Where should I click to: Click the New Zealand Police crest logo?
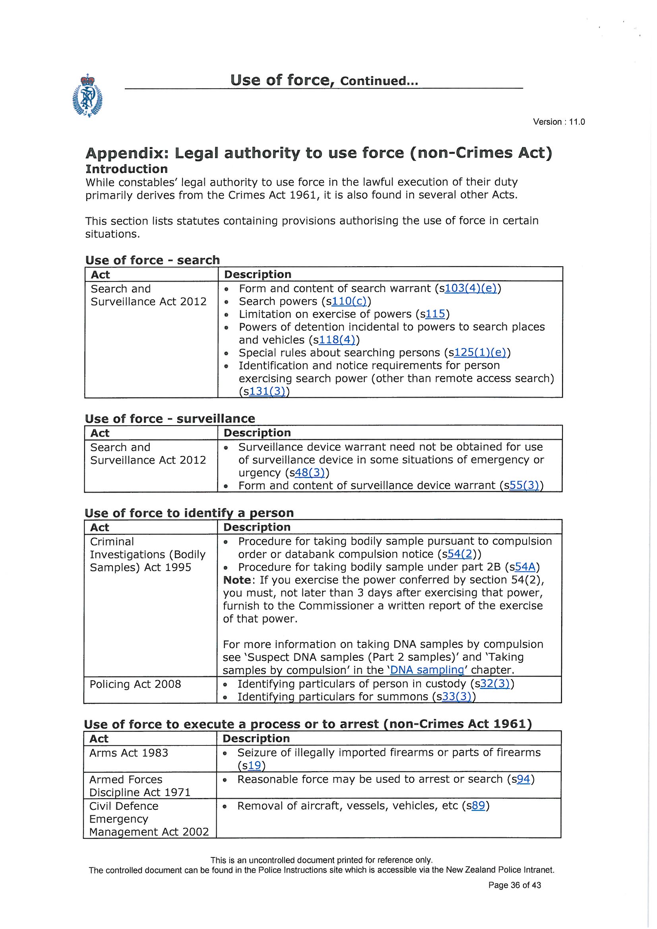[87, 95]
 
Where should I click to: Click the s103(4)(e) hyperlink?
[470, 288]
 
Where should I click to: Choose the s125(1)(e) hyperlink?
[480, 353]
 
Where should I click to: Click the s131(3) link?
[267, 391]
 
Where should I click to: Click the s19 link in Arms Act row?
[254, 766]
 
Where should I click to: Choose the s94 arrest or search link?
[523, 779]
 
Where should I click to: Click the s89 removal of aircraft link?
[478, 805]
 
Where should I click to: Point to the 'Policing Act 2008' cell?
[135, 684]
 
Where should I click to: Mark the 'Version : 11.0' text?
[559, 122]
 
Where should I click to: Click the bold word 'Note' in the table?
[237, 580]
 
